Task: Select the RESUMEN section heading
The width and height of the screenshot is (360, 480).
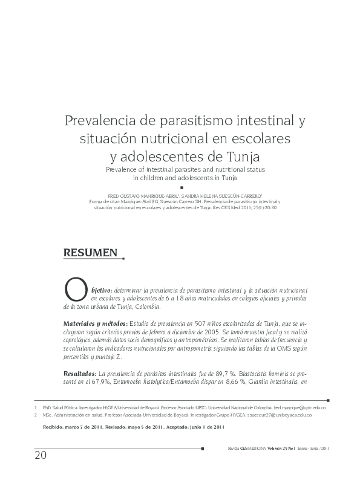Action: tap(91, 254)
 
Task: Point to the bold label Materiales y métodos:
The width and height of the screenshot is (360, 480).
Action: tap(95, 324)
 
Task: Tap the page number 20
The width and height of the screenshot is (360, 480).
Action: tap(40, 455)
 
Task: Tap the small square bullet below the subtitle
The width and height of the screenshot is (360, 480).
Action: tap(181, 188)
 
